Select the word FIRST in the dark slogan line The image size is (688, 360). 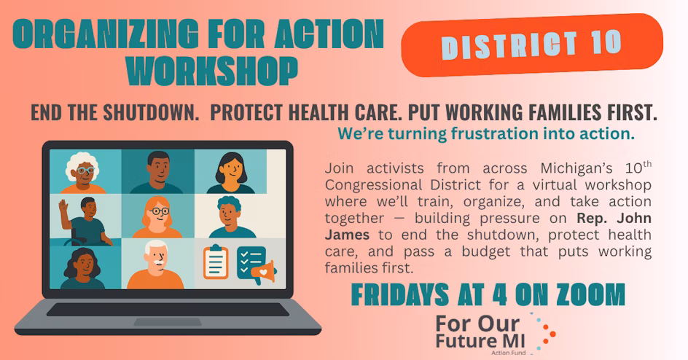coord(622,114)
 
